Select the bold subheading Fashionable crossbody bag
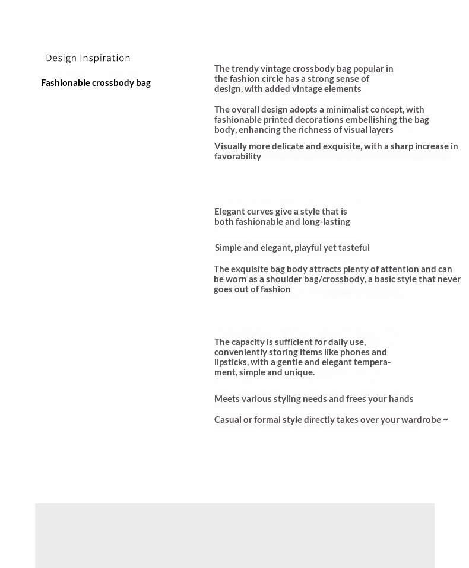click(96, 83)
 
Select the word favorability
click(237, 157)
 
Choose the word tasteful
click(354, 248)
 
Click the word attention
click(399, 269)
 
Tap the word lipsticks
click(230, 362)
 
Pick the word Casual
click(227, 420)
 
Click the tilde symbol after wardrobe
click(445, 420)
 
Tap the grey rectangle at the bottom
click(235, 535)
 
